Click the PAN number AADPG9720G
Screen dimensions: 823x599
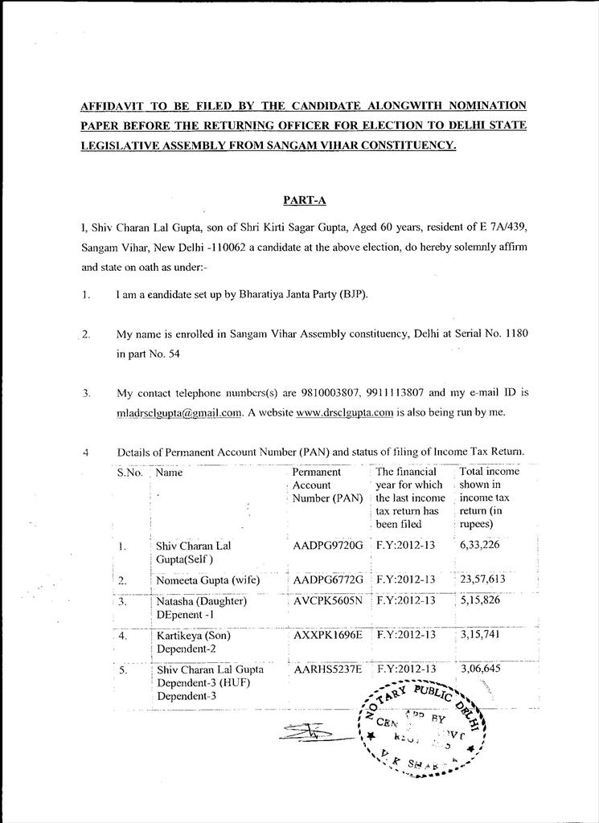328,546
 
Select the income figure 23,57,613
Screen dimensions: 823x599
482,579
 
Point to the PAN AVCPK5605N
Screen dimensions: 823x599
328,600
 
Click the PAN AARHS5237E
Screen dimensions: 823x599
328,669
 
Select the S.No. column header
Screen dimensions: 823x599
129,473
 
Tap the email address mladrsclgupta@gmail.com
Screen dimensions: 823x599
179,413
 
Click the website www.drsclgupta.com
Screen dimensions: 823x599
344,413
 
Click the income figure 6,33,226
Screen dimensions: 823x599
480,546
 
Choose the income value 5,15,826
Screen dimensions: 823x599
480,600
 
